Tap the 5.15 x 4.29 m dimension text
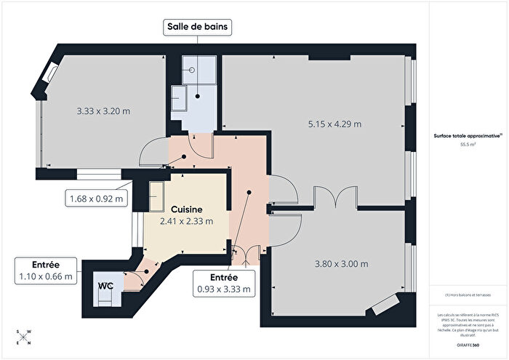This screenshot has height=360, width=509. (x=335, y=124)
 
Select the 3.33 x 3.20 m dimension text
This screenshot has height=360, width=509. (x=103, y=111)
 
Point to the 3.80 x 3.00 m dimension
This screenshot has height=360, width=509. (x=341, y=263)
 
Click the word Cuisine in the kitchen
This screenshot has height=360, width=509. (x=186, y=209)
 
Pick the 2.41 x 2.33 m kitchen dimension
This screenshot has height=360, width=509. (x=186, y=221)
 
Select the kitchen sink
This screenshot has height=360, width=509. (x=156, y=193)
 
